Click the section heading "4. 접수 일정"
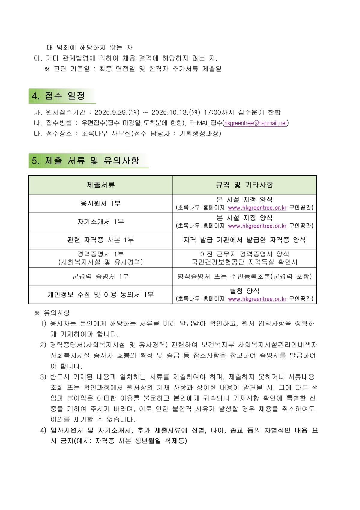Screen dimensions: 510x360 (x=58, y=96)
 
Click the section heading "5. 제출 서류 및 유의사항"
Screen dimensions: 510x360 (x=85, y=160)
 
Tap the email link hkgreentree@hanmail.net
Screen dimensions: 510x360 (x=256, y=123)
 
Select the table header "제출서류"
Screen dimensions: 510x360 (x=101, y=185)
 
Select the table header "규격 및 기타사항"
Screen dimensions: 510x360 (x=244, y=185)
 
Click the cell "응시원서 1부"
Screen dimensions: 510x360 (x=101, y=203)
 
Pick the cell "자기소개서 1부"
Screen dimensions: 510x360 (x=101, y=222)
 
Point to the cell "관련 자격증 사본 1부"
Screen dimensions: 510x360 (x=101, y=240)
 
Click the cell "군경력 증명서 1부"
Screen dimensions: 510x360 (x=101, y=277)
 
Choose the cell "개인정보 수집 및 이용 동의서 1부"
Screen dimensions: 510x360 (x=101, y=295)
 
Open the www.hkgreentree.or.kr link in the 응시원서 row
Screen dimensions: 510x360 (x=257, y=208)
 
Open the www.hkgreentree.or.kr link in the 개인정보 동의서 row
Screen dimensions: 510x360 (x=257, y=299)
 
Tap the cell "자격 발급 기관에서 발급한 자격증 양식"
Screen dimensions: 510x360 (x=244, y=240)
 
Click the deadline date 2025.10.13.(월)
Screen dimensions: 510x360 (x=176, y=112)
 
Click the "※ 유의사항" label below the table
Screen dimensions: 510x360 (x=52, y=313)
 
